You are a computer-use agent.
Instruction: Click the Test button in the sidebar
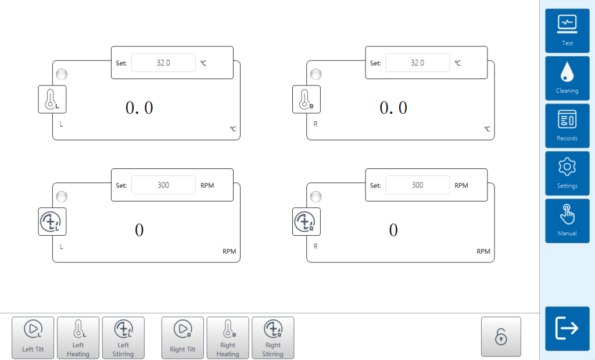coord(567,31)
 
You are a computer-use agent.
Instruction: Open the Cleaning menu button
coord(567,78)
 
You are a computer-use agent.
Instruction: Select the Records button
coord(567,126)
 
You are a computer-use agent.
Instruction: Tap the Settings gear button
coord(567,174)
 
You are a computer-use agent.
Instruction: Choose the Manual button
coord(567,221)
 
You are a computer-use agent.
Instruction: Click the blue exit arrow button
coord(567,329)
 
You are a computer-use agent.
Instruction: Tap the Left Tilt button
coord(33,337)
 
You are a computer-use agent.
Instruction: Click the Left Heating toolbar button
coord(78,337)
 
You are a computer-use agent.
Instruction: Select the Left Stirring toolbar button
coord(123,337)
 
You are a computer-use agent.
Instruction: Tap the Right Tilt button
coord(182,337)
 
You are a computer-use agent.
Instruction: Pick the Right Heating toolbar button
coord(228,337)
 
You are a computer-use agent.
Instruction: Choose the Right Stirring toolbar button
coord(273,337)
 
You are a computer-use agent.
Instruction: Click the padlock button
coord(501,337)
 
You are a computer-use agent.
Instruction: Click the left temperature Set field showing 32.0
coord(163,63)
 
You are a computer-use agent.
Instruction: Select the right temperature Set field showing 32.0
coord(417,63)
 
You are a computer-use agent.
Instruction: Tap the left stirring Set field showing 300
coord(163,185)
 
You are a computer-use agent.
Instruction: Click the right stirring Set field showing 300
coord(417,185)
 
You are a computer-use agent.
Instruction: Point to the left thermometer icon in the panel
coord(52,99)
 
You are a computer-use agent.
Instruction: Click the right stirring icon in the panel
coord(306,222)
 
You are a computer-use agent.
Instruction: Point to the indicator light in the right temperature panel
coord(316,74)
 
